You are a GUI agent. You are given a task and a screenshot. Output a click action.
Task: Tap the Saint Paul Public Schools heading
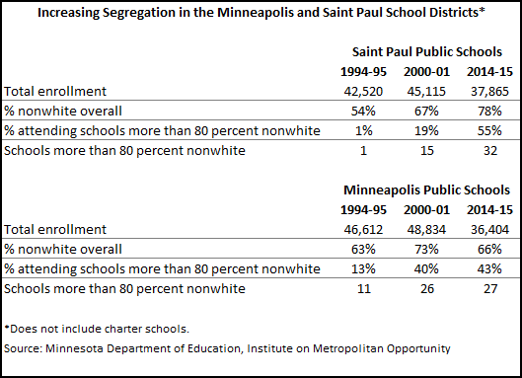point(430,49)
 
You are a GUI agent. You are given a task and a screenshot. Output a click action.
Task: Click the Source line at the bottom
point(228,347)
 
